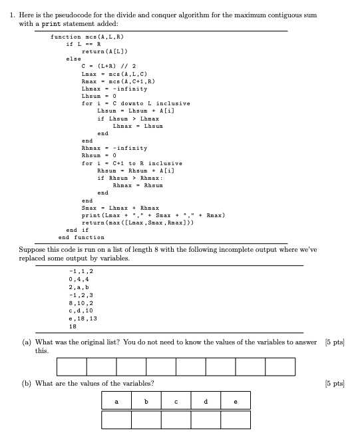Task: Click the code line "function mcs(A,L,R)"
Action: (x=87, y=37)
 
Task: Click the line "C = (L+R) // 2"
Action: (x=109, y=66)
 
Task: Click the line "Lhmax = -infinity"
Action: (x=109, y=89)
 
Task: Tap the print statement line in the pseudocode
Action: (x=153, y=215)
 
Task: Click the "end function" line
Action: (x=81, y=237)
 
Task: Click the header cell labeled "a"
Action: (x=116, y=401)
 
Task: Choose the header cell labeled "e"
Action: (x=235, y=401)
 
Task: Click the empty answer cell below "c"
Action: (x=176, y=420)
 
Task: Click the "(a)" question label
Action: (x=23, y=342)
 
